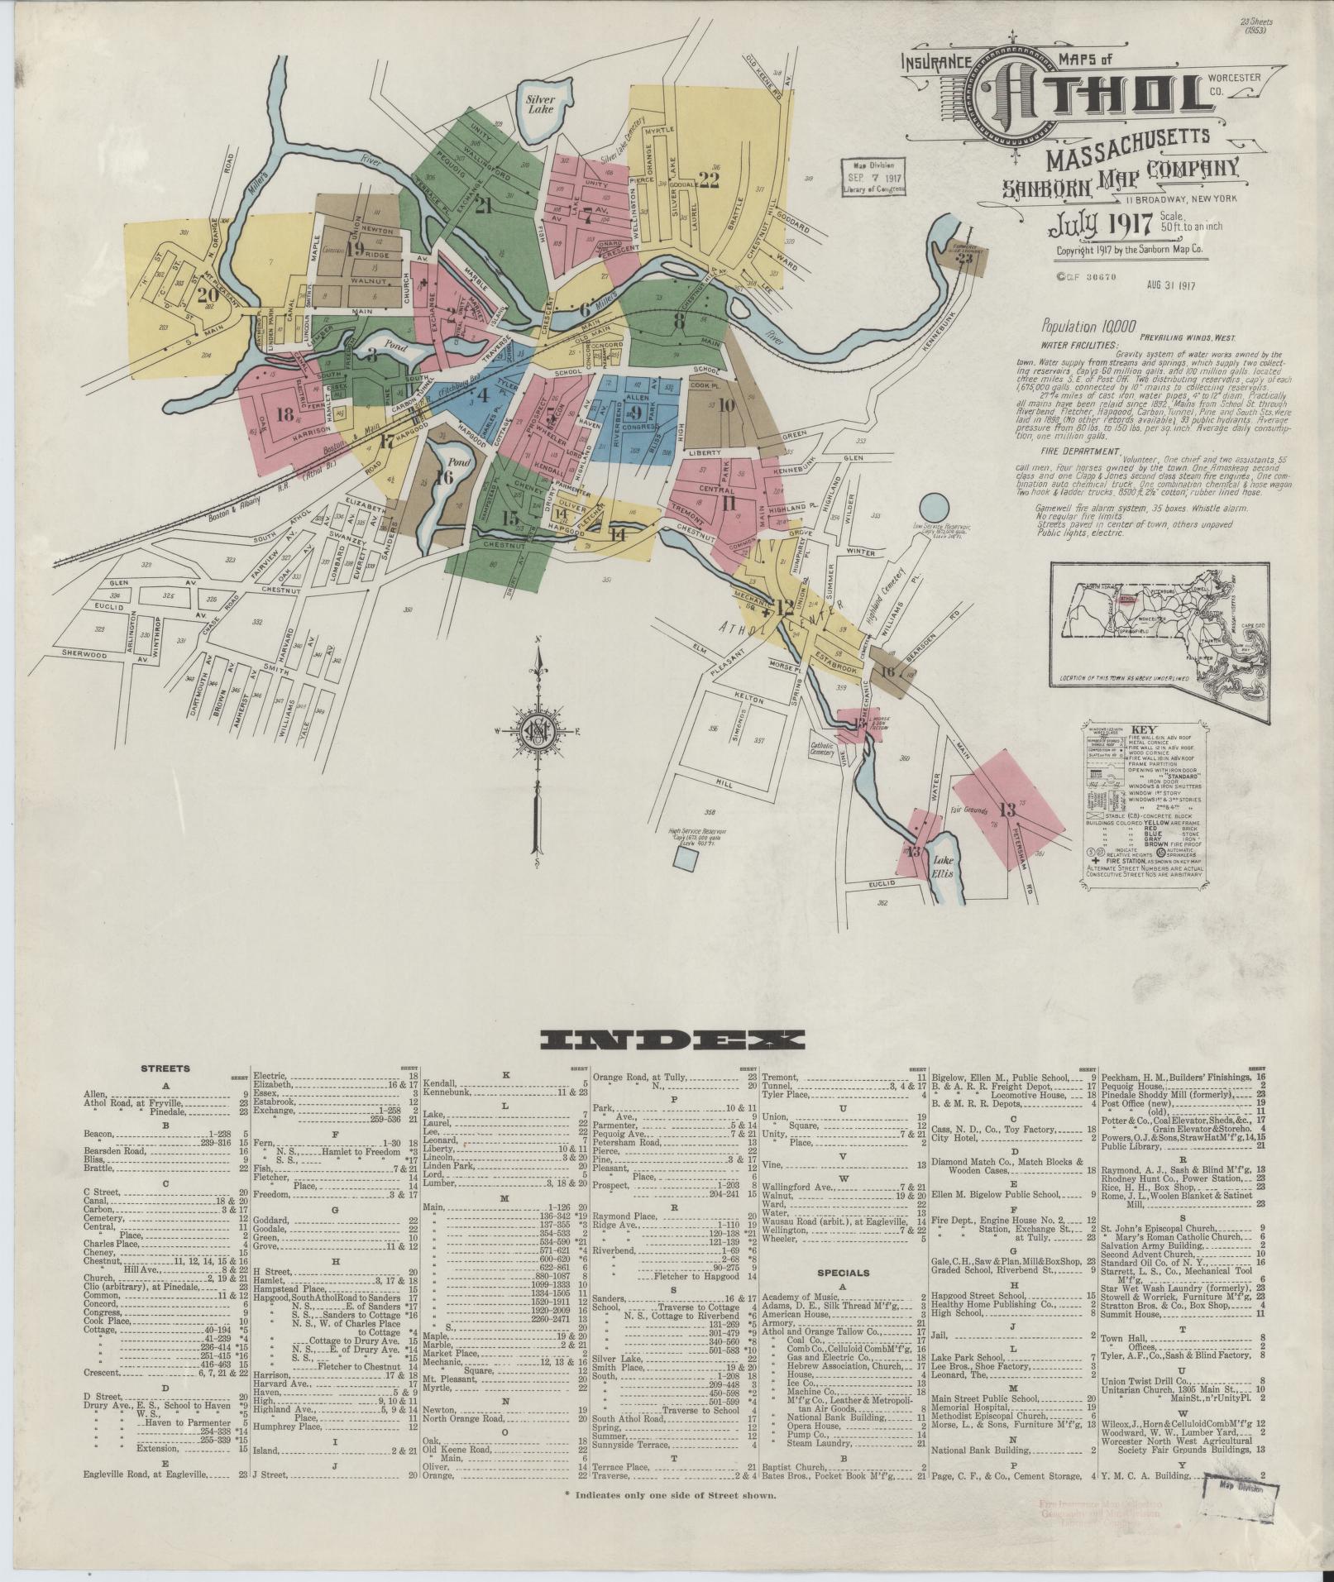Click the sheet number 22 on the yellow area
(x=709, y=179)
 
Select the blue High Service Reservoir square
(x=684, y=857)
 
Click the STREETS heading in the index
(x=167, y=1068)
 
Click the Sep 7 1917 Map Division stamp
(x=874, y=176)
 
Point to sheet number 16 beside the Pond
(x=443, y=477)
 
